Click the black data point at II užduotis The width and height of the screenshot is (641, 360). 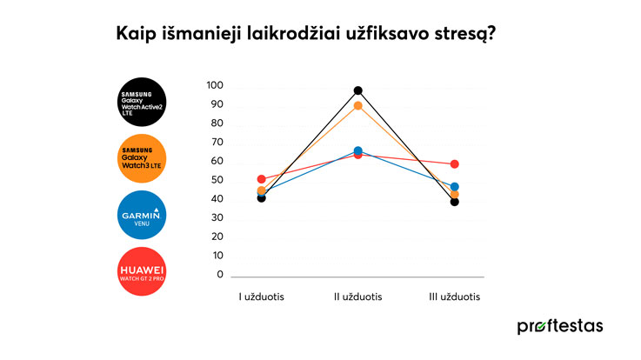click(357, 90)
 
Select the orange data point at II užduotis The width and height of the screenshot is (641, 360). click(357, 106)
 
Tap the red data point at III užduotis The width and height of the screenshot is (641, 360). click(454, 164)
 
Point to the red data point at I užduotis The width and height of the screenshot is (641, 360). click(262, 179)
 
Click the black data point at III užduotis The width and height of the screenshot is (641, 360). click(454, 202)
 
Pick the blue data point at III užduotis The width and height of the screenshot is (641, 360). click(454, 187)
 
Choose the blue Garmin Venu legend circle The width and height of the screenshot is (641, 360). click(140, 215)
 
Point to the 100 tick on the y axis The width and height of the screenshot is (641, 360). click(215, 86)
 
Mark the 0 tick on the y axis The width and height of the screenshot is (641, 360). click(219, 275)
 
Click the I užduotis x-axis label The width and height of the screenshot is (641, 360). click(262, 297)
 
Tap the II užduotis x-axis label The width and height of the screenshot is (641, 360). click(357, 297)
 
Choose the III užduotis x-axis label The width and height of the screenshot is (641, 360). click(454, 297)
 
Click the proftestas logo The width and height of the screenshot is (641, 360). click(559, 326)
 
